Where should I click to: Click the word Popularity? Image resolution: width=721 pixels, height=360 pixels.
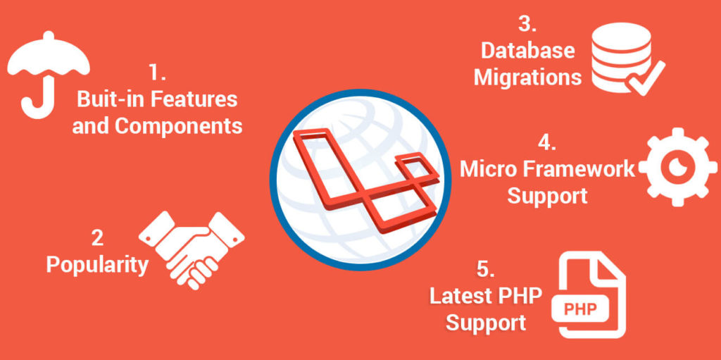point(97,264)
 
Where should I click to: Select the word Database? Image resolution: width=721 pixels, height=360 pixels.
point(528,51)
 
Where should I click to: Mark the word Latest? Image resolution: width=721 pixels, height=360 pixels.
point(460,296)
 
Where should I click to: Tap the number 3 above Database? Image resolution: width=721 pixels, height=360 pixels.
point(527,24)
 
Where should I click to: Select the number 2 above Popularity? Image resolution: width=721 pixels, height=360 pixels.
point(97,238)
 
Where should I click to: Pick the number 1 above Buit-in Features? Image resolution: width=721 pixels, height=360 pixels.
point(156,73)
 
